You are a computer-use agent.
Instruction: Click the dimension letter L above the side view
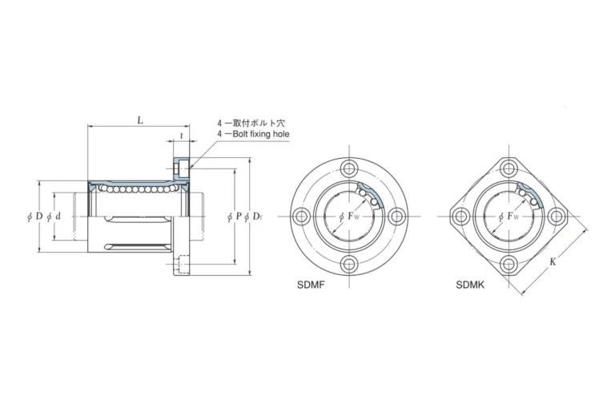pos(140,120)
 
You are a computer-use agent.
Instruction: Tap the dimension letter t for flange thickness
pos(181,136)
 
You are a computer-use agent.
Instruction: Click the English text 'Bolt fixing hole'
pos(261,134)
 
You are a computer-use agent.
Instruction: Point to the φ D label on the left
pos(35,216)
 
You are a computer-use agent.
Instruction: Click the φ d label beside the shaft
pos(54,216)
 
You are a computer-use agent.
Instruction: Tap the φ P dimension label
pos(235,216)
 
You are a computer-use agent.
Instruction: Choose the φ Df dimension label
pos(253,216)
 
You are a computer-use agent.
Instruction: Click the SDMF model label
pos(311,285)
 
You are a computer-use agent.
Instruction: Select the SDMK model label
pos(470,285)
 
